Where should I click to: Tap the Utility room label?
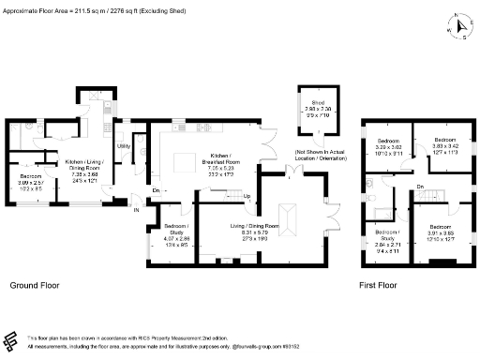123,146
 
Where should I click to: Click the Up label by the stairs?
247,196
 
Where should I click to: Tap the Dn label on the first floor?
422,187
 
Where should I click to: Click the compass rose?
458,25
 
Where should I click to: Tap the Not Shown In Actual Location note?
322,155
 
